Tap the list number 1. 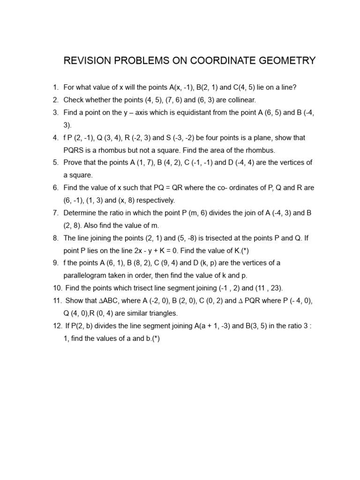click(x=55, y=87)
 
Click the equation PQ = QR click(x=172, y=188)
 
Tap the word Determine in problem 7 click(x=79, y=213)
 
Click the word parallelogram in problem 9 click(x=85, y=276)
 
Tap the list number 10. click(x=57, y=288)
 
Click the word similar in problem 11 click(x=133, y=313)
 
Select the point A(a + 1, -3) click(x=213, y=326)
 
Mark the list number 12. click(x=57, y=326)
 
